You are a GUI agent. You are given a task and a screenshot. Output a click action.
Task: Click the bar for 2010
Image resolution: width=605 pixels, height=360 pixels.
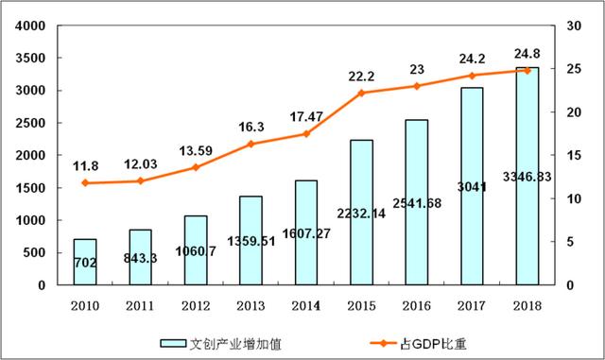point(85,262)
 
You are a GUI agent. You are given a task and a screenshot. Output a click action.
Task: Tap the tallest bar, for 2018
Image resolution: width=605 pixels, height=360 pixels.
point(527,176)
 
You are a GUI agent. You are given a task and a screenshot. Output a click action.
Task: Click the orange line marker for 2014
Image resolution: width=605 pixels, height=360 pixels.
point(305,133)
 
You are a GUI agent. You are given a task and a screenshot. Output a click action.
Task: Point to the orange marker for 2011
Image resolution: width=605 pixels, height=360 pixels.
point(140,180)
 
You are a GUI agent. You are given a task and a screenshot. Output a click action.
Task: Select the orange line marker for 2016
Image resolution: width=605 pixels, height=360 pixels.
point(416,86)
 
